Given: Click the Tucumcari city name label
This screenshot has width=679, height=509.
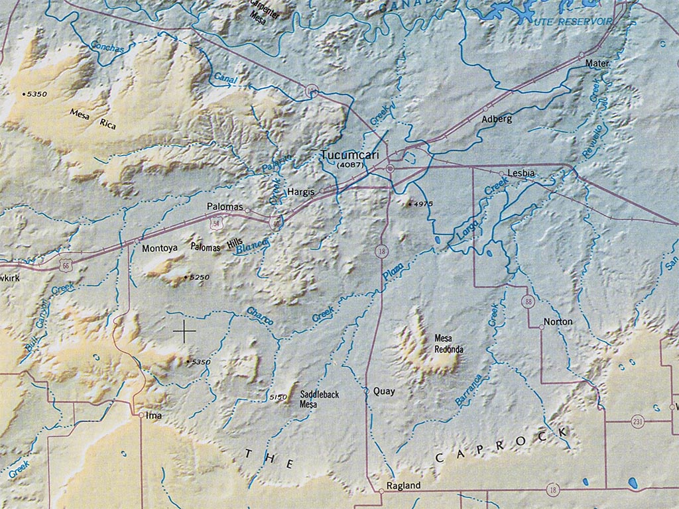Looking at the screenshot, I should pos(343,154).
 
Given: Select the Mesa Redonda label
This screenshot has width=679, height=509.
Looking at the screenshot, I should pos(448,343).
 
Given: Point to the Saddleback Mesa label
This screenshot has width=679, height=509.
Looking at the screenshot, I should pos(319,399).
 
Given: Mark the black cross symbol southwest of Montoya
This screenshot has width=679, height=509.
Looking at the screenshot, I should pos(184,330).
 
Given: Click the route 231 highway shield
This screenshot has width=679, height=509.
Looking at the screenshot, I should pos(637,422).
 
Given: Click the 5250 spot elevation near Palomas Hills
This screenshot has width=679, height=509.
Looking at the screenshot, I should pos(199,277).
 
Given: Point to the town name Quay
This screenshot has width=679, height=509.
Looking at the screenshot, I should pos(384,391).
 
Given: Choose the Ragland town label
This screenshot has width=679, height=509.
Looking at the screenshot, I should pos(403,486).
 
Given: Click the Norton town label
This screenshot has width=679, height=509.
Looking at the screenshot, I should pos(557,322).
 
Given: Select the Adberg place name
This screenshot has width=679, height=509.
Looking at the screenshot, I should pos(497,119).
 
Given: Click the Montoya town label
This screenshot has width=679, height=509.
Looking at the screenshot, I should pos(160,248).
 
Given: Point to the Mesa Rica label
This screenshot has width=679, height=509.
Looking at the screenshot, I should pos(93,118).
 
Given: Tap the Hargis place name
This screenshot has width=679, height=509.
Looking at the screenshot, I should pos(301,192).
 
